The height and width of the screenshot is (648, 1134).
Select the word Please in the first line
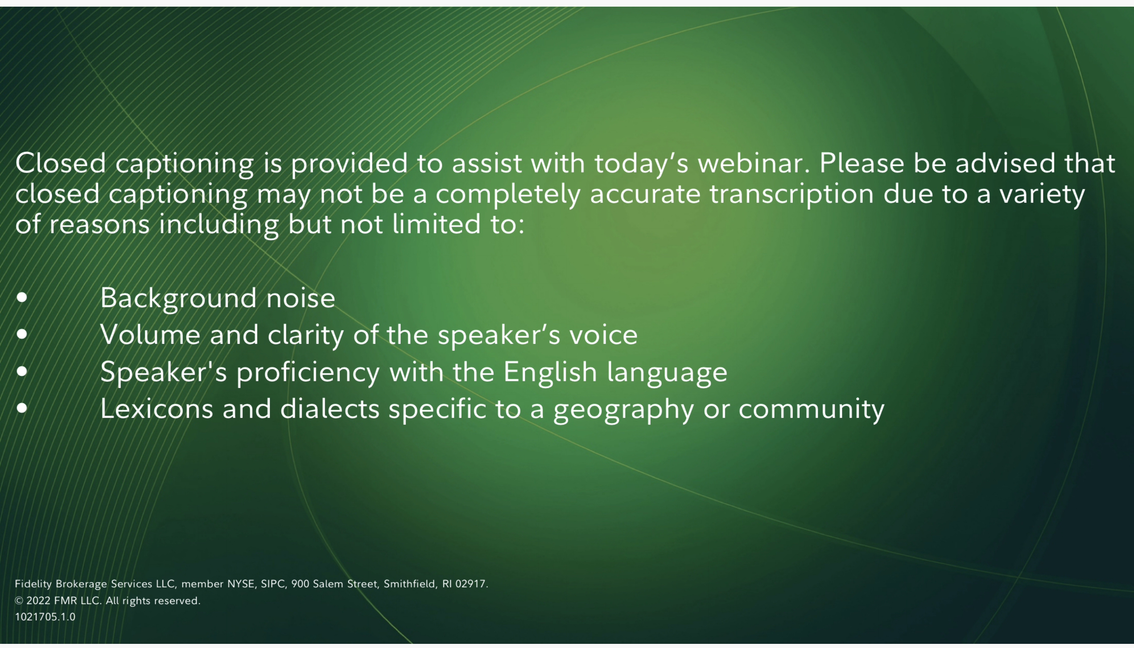(862, 163)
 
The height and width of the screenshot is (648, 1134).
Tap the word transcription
(792, 195)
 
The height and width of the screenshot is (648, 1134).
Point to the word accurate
(645, 195)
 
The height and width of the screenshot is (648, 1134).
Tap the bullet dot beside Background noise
(21, 297)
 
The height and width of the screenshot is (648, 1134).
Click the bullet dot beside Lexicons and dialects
(21, 408)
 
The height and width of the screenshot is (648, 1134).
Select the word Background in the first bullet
(178, 298)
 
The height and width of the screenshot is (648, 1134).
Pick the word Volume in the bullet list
(150, 335)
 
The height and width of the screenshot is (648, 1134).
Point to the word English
(550, 372)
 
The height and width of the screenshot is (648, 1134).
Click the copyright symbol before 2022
(19, 601)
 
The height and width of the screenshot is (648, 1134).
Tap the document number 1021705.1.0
(45, 617)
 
